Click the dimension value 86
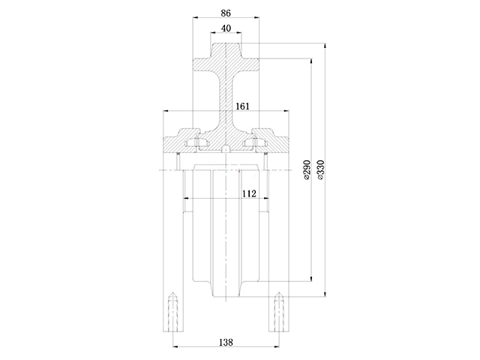point(226,13)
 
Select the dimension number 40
point(226,28)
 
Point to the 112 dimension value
point(249,193)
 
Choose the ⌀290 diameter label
point(306,172)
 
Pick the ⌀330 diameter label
point(320,172)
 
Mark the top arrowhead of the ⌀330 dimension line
point(326,46)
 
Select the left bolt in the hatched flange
point(195,140)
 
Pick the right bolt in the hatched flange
point(256,140)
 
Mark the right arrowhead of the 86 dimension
point(258,18)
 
